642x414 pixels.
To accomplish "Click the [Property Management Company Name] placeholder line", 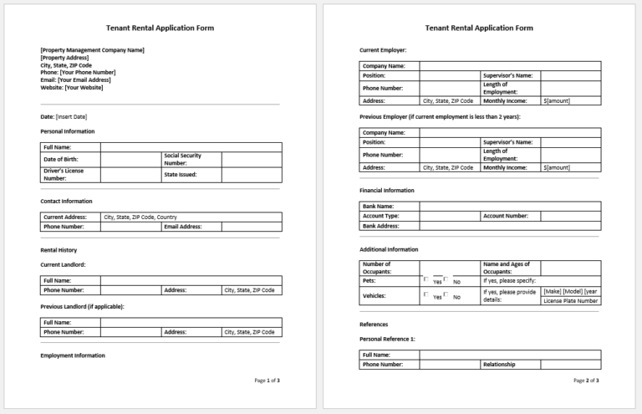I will point(92,50).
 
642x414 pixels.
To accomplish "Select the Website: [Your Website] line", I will point(72,87).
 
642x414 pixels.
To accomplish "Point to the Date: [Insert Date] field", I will point(64,116).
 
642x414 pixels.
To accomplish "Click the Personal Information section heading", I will point(68,131).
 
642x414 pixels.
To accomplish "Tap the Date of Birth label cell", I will point(62,159).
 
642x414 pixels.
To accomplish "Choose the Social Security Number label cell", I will point(182,159).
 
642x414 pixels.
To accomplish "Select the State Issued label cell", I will point(181,175).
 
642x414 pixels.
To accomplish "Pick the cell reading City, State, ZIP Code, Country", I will point(140,217).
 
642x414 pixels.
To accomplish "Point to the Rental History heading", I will point(59,250).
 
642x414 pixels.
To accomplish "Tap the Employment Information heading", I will point(73,355).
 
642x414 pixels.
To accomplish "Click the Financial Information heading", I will point(387,191).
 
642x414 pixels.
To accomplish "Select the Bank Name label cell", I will point(378,206).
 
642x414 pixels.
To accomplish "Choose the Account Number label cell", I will point(506,216).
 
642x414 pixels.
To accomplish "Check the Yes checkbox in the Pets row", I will point(426,279).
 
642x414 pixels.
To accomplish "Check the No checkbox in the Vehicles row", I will point(446,294).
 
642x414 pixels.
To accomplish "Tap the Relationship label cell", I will point(499,365).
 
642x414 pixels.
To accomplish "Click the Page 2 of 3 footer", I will point(586,381).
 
